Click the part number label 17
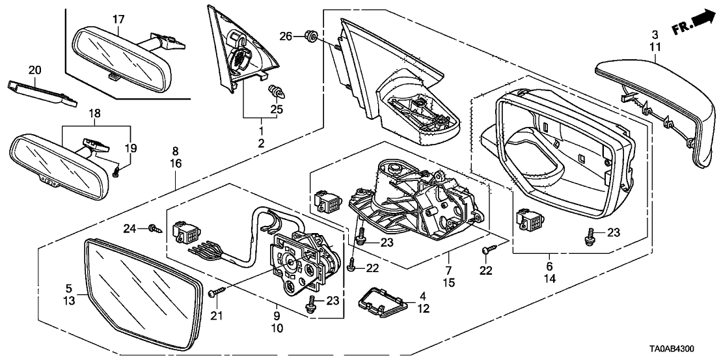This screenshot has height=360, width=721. (118, 20)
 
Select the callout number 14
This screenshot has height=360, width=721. (549, 277)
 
